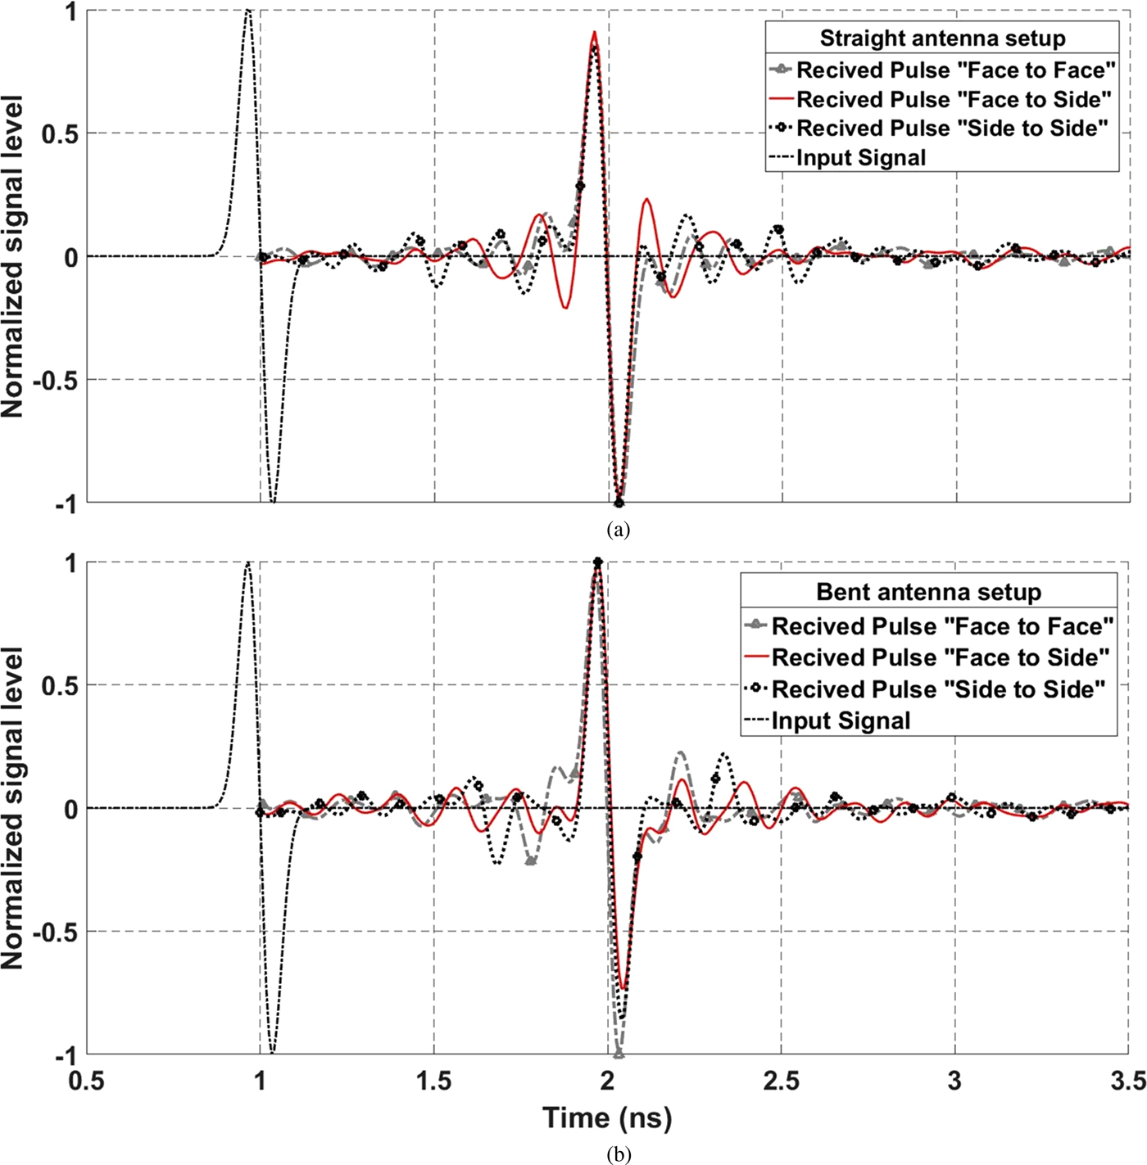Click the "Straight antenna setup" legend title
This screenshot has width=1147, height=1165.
[x=942, y=38]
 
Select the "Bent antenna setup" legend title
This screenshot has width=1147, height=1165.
[x=928, y=592]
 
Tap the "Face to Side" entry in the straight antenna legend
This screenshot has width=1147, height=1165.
[x=954, y=99]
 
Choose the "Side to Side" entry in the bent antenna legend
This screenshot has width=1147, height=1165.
[x=938, y=689]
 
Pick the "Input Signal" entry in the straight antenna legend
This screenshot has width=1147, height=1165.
[x=861, y=157]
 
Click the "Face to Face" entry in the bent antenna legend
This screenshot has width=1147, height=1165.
[x=942, y=626]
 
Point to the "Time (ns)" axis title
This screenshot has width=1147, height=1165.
[x=607, y=1118]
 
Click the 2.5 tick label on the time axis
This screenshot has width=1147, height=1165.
[x=781, y=1081]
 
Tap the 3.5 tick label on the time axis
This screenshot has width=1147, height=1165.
[x=1127, y=1081]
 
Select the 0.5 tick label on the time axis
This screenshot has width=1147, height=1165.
[x=86, y=1081]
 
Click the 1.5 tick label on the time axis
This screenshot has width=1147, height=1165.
[x=433, y=1081]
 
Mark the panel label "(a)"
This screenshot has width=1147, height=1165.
[x=619, y=529]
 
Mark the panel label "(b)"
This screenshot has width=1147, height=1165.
[x=619, y=1154]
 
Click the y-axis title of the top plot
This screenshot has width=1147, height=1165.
[x=13, y=256]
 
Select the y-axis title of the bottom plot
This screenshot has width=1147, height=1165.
[x=13, y=808]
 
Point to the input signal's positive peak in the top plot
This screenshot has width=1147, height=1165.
[x=248, y=11]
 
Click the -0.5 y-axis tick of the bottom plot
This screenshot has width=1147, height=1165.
[x=55, y=932]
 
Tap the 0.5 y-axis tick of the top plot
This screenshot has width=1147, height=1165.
[x=60, y=133]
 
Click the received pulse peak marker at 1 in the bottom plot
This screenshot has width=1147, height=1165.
[x=597, y=562]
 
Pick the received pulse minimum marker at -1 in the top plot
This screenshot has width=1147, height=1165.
[x=619, y=503]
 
